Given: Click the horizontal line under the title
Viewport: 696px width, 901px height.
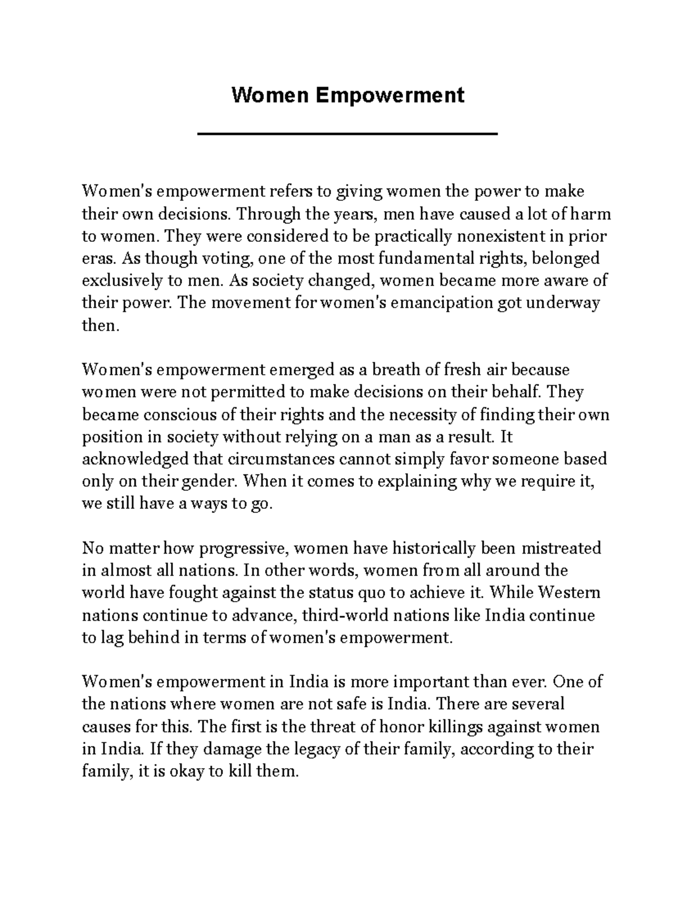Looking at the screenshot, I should coord(347,134).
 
